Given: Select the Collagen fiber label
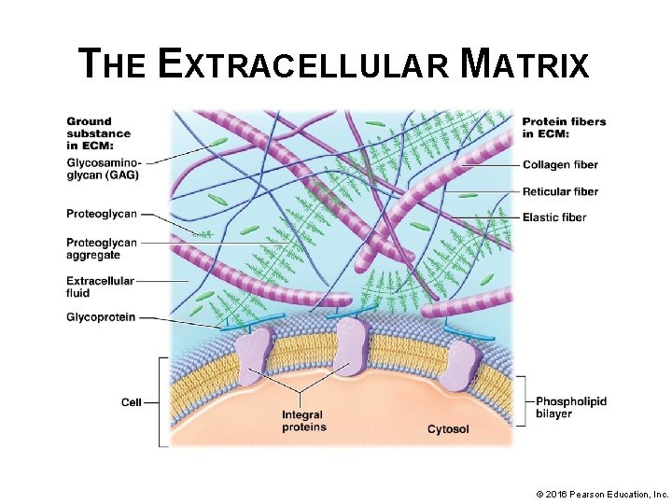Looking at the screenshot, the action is click(x=560, y=165).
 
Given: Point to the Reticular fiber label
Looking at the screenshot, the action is click(x=560, y=191).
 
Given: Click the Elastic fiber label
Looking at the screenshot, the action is click(x=554, y=217).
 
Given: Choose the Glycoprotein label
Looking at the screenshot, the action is click(x=101, y=317).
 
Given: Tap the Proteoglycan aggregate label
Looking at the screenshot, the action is click(x=101, y=249).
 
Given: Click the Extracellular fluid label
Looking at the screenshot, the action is click(x=100, y=287).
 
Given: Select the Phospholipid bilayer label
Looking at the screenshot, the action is click(x=571, y=407).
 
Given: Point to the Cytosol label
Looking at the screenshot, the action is click(x=448, y=429).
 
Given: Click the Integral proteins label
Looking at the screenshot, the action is click(x=304, y=421).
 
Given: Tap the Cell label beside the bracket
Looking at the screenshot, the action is click(x=132, y=402).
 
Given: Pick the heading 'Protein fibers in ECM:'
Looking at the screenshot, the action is click(x=564, y=127).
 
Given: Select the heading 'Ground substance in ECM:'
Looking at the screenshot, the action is click(x=90, y=133).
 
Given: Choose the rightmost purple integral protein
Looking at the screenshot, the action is click(x=459, y=365).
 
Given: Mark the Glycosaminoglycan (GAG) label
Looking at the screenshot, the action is click(x=105, y=168).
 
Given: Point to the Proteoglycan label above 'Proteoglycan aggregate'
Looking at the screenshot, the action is click(x=101, y=214).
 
